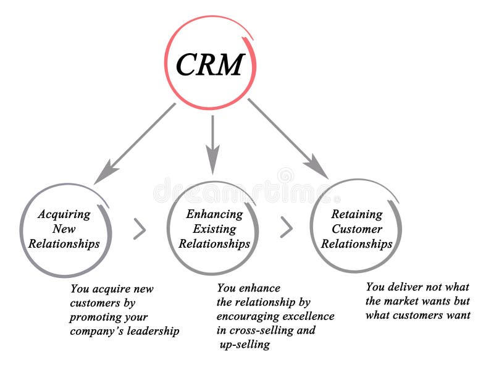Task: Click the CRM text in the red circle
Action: click(x=209, y=64)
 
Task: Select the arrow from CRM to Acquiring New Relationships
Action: click(x=135, y=144)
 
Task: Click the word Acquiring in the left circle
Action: click(x=64, y=215)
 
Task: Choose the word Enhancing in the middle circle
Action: click(x=214, y=215)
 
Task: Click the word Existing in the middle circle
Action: click(x=214, y=229)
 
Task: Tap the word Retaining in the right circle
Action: click(x=357, y=215)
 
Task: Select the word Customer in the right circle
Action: click(x=357, y=229)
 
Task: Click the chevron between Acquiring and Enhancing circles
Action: click(x=140, y=229)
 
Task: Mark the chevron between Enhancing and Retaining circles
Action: click(x=286, y=228)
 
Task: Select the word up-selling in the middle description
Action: click(x=245, y=345)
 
